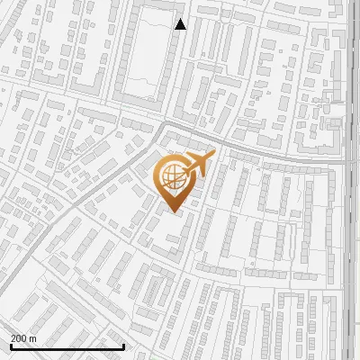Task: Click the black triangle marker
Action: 181,24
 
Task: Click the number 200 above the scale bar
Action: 19,338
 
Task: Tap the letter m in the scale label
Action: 32,338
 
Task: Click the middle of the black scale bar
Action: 67,346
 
